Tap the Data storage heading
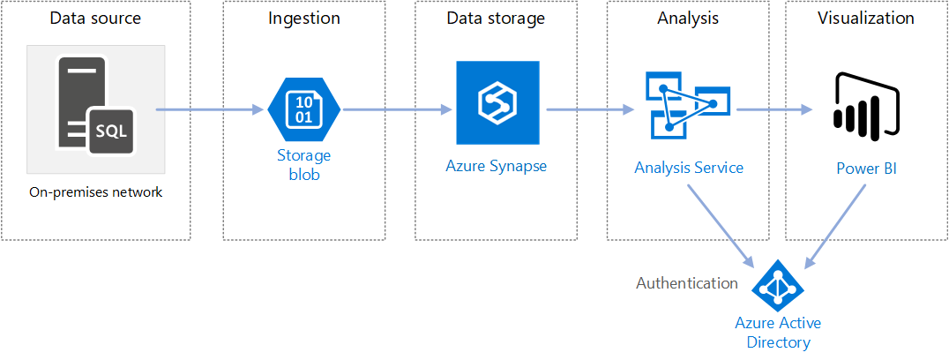point(496,19)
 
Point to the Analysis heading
point(687,19)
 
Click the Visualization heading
point(865,19)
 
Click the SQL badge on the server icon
point(110,131)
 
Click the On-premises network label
point(95,191)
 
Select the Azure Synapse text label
point(496,165)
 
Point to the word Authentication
point(687,283)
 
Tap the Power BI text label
point(866,168)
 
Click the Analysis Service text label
point(689,168)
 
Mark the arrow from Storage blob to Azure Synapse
point(397,110)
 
